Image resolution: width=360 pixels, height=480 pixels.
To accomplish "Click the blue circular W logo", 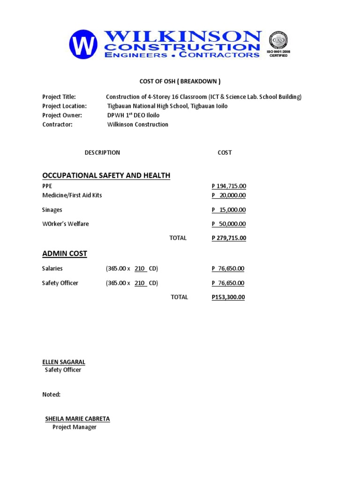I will click(x=83, y=45).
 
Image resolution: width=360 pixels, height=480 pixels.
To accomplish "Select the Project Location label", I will click(x=64, y=106).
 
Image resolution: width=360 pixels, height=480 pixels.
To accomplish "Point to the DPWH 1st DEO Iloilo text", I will click(x=133, y=115).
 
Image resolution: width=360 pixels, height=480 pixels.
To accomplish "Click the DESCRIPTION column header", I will click(x=102, y=153).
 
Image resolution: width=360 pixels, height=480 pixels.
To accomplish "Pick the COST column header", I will click(x=225, y=153).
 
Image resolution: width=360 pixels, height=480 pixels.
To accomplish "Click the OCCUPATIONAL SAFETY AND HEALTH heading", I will click(x=106, y=175).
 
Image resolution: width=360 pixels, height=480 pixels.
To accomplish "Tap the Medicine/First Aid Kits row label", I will click(x=72, y=195).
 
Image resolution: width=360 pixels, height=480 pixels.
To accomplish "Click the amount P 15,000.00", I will click(x=229, y=210).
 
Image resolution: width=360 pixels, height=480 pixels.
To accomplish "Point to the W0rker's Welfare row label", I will click(x=65, y=224).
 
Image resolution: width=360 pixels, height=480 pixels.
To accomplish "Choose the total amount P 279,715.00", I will click(x=229, y=238).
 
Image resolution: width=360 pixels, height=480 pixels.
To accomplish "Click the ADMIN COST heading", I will click(x=65, y=254).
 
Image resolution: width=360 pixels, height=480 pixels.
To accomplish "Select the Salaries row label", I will click(x=52, y=269).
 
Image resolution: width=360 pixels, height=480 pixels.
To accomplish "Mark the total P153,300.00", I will click(x=228, y=297).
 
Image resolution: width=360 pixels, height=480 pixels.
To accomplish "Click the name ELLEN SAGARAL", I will click(x=64, y=362).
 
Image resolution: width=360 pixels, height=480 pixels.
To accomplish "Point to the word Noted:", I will click(x=51, y=395).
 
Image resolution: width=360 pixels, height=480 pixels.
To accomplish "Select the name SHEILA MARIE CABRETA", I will click(x=77, y=419).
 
